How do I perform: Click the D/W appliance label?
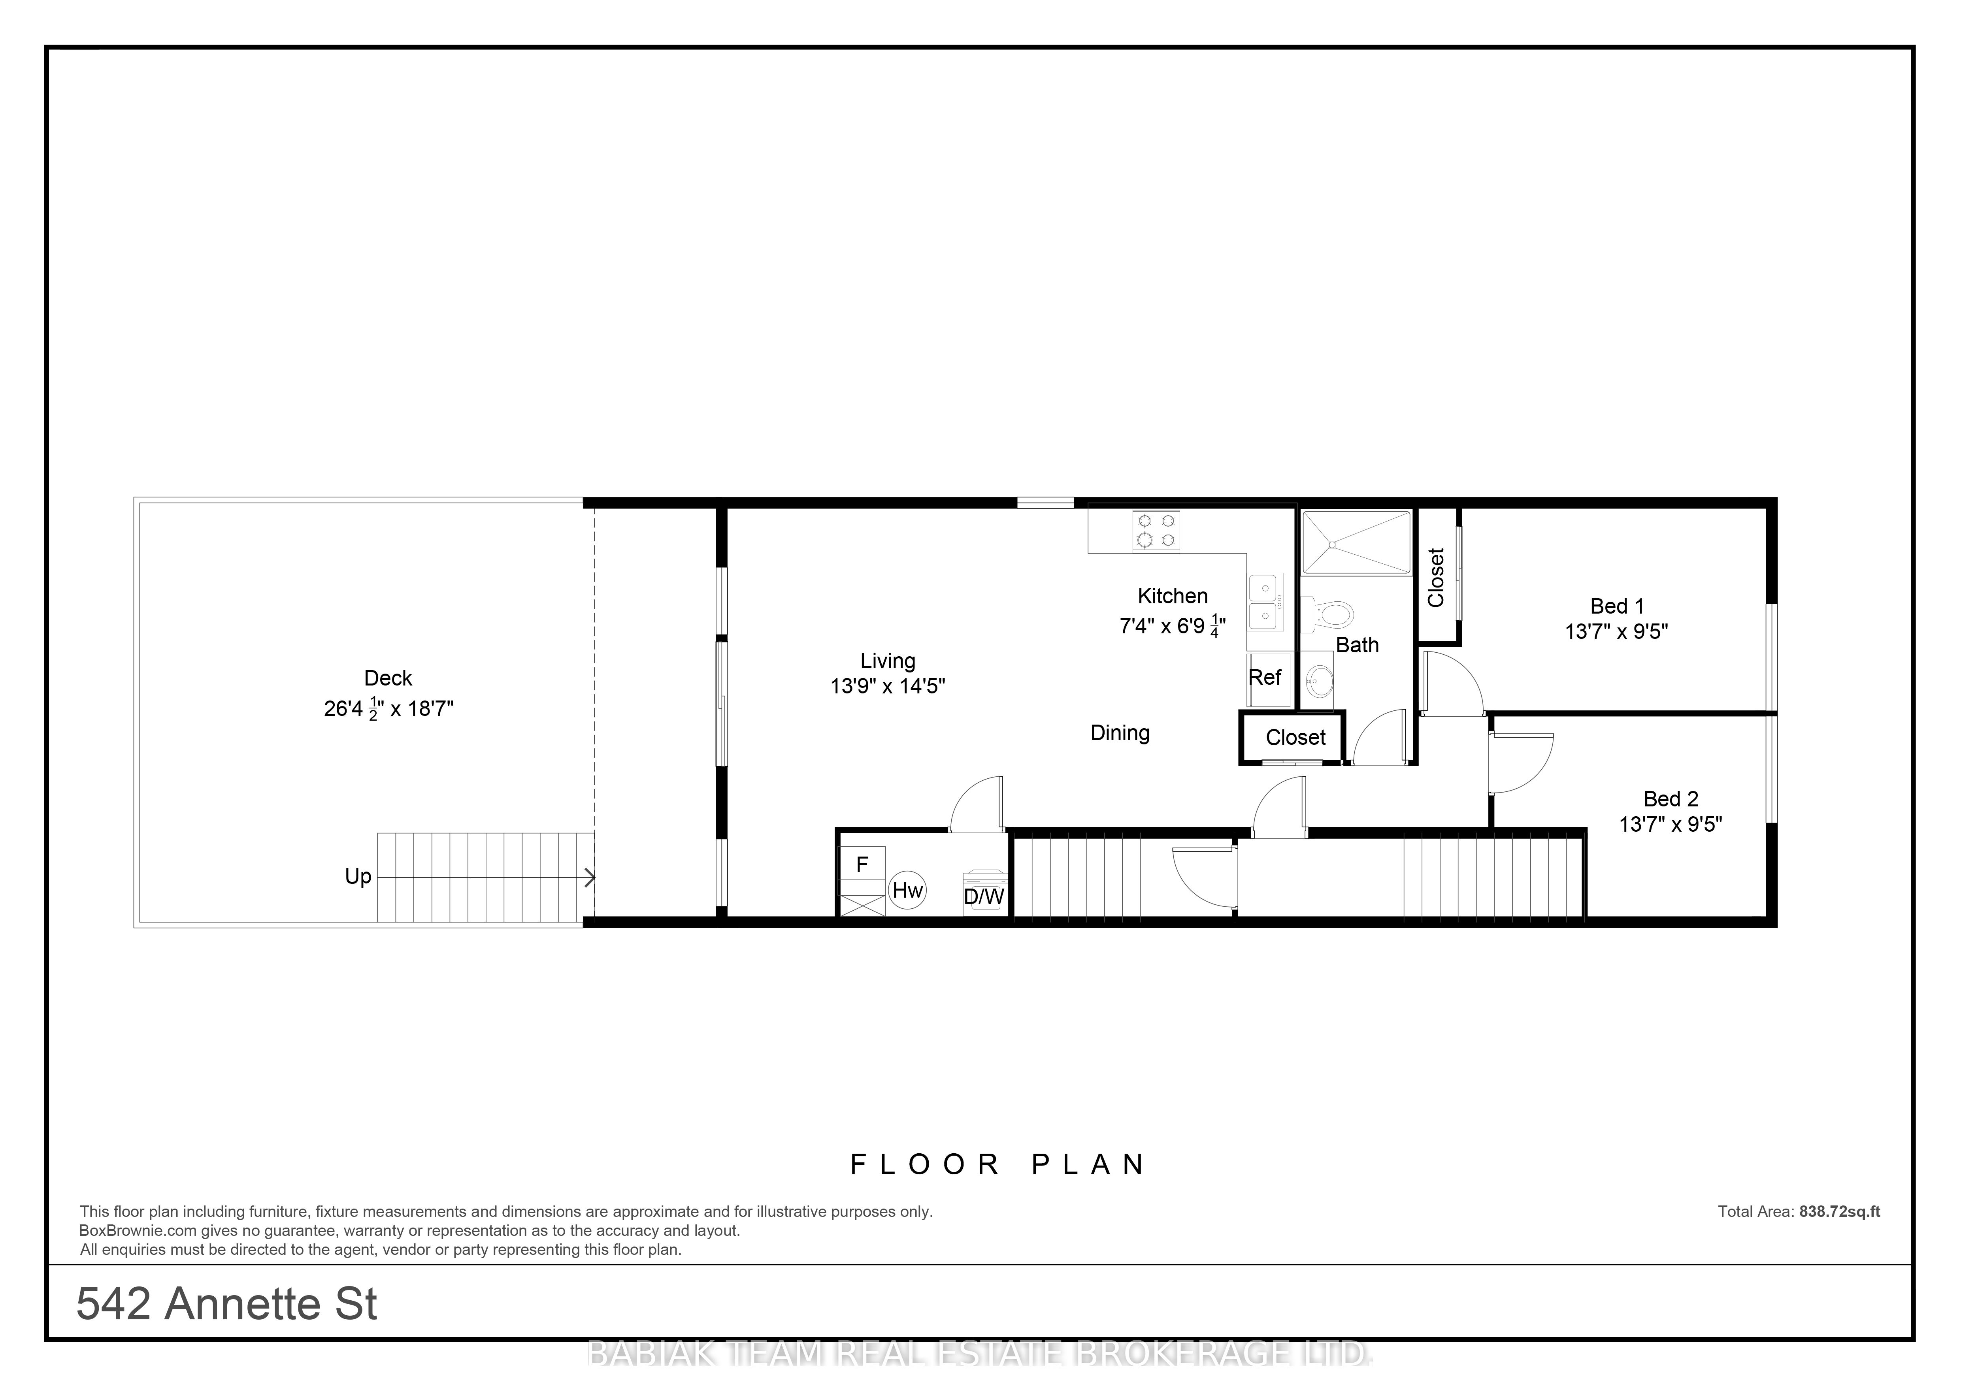click(984, 897)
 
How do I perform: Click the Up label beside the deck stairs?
click(358, 877)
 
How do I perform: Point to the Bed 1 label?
click(1617, 606)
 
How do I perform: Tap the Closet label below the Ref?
click(1295, 738)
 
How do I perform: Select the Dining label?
click(1120, 733)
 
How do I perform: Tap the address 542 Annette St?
click(227, 1304)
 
